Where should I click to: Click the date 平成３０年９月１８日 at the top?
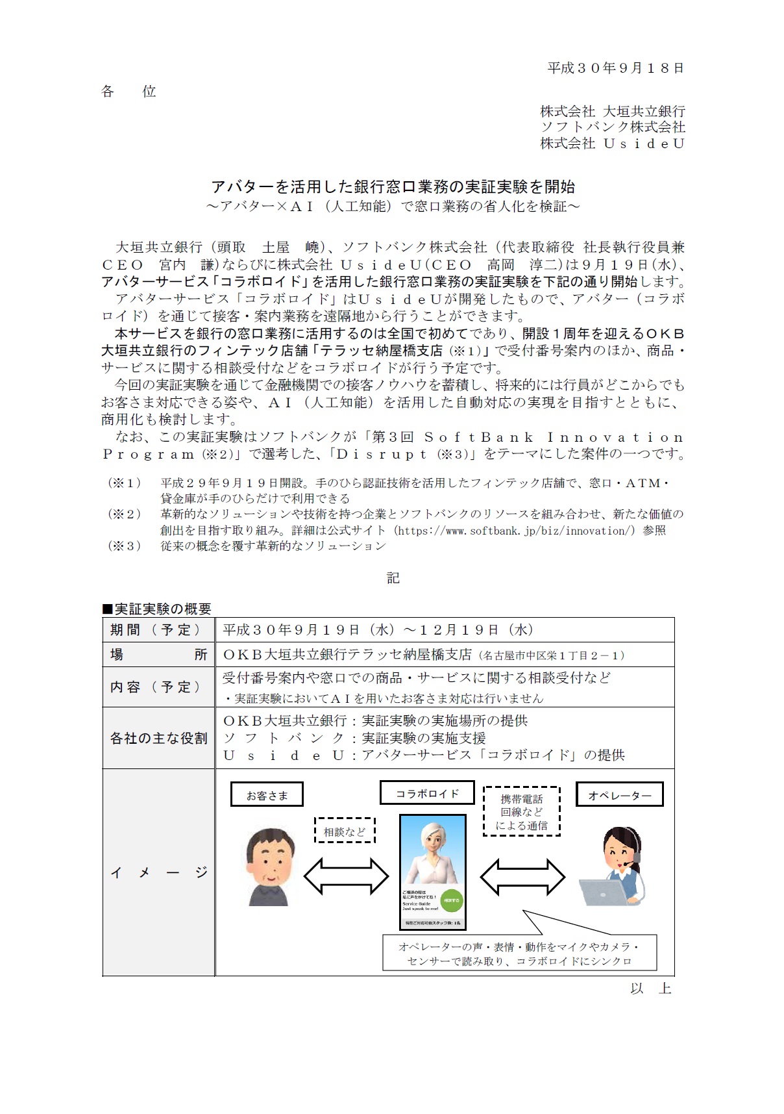click(x=615, y=68)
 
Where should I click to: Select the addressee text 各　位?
click(x=129, y=92)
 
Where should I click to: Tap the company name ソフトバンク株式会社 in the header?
click(x=613, y=127)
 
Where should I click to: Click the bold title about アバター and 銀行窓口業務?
click(x=393, y=187)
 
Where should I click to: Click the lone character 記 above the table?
click(x=393, y=578)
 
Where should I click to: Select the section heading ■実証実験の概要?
click(x=157, y=609)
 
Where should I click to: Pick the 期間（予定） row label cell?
click(x=158, y=630)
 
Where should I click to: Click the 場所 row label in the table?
click(x=158, y=655)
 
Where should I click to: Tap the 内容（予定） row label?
click(x=158, y=687)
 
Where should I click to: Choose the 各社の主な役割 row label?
click(x=158, y=739)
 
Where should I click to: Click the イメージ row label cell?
click(x=158, y=872)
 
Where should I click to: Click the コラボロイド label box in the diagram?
click(x=427, y=794)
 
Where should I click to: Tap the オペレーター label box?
click(x=619, y=795)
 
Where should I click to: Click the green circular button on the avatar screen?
click(x=451, y=900)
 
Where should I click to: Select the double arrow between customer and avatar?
click(x=346, y=877)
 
